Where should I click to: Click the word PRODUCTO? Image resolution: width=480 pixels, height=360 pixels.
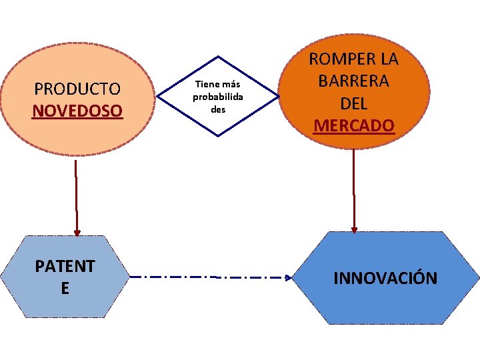click(77, 89)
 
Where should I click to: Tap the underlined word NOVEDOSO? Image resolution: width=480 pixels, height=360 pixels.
click(77, 110)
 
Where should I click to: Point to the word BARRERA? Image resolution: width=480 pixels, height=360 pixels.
click(353, 81)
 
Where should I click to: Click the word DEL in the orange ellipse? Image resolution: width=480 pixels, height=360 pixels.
click(353, 103)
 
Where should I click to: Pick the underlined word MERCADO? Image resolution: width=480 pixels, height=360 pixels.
click(354, 125)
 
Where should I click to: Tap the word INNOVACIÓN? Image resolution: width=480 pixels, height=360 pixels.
click(385, 278)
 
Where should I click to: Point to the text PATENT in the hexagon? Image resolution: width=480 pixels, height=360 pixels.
click(65, 266)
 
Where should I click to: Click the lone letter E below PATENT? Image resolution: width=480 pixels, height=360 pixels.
click(65, 288)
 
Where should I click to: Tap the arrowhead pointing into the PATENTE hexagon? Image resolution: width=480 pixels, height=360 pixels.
click(77, 233)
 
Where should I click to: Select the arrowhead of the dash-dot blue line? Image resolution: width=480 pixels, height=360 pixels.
click(288, 277)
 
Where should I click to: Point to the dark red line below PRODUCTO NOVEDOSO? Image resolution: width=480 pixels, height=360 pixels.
click(77, 193)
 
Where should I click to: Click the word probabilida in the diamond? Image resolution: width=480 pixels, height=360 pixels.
click(217, 97)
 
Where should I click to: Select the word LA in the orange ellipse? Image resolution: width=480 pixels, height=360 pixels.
click(387, 59)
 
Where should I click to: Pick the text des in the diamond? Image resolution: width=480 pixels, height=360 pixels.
click(218, 109)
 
